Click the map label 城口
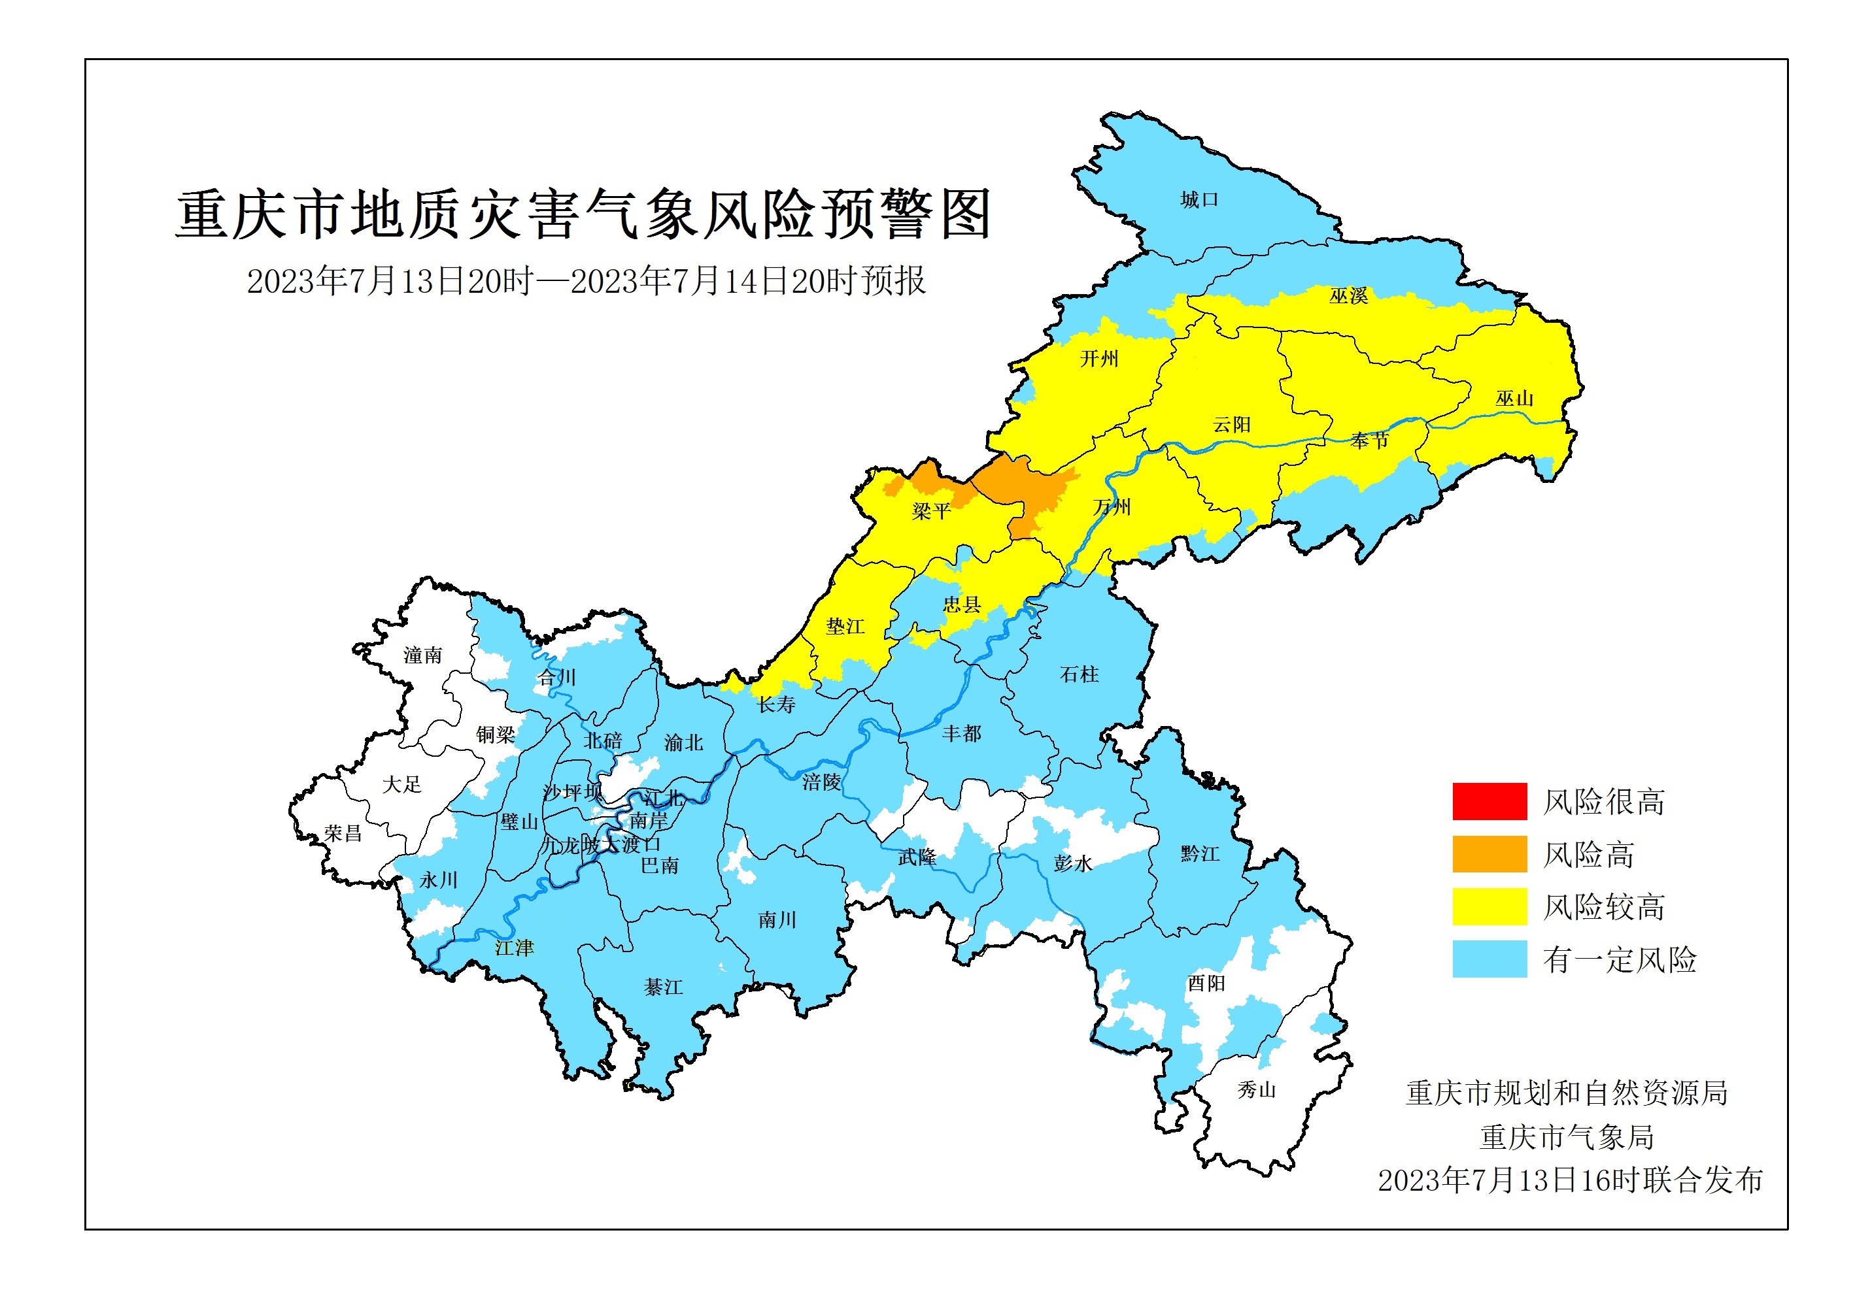[x=1199, y=200]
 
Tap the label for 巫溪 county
[x=1348, y=296]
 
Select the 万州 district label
[x=1111, y=507]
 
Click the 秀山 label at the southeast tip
[x=1256, y=1090]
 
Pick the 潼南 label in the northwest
[x=423, y=655]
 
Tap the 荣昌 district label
[x=343, y=833]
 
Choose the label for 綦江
[x=663, y=987]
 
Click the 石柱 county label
[x=1079, y=674]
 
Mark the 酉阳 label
[x=1206, y=983]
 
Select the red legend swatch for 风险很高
[x=1489, y=801]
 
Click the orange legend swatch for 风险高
[x=1489, y=854]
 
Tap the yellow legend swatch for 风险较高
[x=1489, y=906]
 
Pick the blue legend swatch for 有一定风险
[x=1489, y=959]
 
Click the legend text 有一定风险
[x=1619, y=959]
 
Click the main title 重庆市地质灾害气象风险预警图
[x=583, y=214]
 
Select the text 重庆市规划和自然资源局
[x=1567, y=1093]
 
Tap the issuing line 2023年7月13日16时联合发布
[x=1569, y=1180]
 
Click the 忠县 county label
[x=961, y=604]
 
